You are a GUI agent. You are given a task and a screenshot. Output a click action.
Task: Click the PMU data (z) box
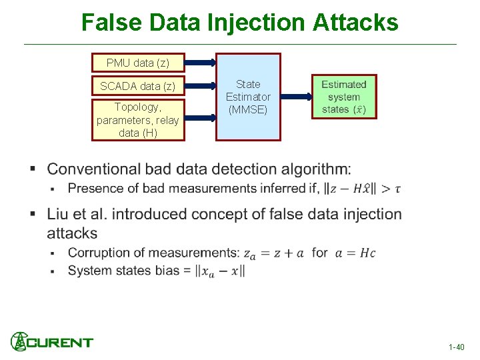(138, 63)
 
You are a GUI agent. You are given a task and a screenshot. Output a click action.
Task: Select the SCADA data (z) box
(138, 86)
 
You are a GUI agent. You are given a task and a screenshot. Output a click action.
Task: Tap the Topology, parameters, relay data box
(138, 120)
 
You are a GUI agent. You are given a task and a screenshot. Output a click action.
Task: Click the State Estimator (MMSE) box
(248, 97)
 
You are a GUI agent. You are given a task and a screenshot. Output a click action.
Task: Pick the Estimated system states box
(344, 97)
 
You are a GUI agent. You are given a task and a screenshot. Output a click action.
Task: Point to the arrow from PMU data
(199, 63)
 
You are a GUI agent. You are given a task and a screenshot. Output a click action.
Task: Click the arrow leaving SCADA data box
(199, 86)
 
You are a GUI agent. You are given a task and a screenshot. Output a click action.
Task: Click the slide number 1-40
(457, 347)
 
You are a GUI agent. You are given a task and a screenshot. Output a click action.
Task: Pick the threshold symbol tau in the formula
(398, 189)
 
